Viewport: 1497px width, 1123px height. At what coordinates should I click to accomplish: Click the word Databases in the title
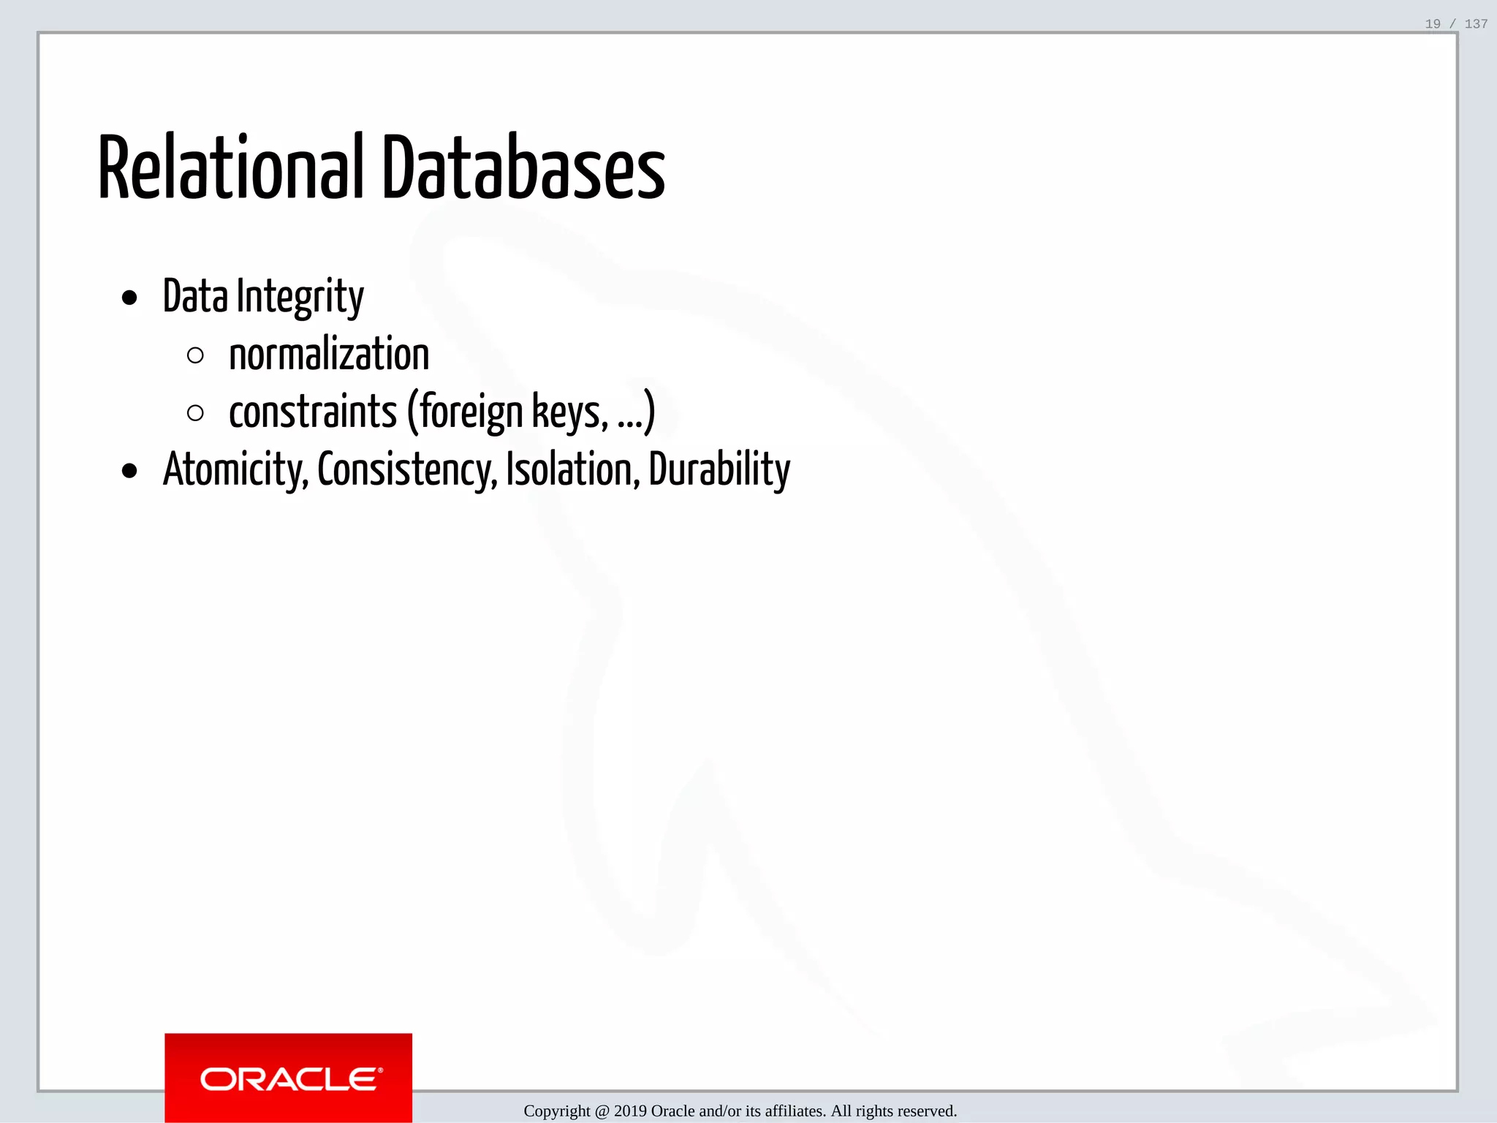(x=523, y=168)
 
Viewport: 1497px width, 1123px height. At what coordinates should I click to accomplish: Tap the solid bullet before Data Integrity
(x=130, y=298)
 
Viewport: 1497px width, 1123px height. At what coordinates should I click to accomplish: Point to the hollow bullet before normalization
(x=195, y=356)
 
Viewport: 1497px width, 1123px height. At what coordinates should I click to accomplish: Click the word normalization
(x=329, y=355)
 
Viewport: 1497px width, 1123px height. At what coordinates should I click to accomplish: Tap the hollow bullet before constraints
(x=195, y=413)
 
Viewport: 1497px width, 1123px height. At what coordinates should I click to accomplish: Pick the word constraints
(x=313, y=412)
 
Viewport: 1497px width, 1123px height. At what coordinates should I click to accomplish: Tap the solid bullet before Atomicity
(x=130, y=472)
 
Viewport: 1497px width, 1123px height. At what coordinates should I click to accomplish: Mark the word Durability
(x=719, y=470)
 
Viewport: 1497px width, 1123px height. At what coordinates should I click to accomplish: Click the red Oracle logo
(x=289, y=1078)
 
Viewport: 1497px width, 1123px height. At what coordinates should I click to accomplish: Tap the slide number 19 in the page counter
(x=1433, y=24)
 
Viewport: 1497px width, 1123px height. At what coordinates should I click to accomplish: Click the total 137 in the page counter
(x=1476, y=24)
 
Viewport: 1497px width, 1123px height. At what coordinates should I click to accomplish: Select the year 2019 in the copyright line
(x=630, y=1111)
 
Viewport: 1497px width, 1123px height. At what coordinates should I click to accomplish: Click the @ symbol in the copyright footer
(x=602, y=1111)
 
